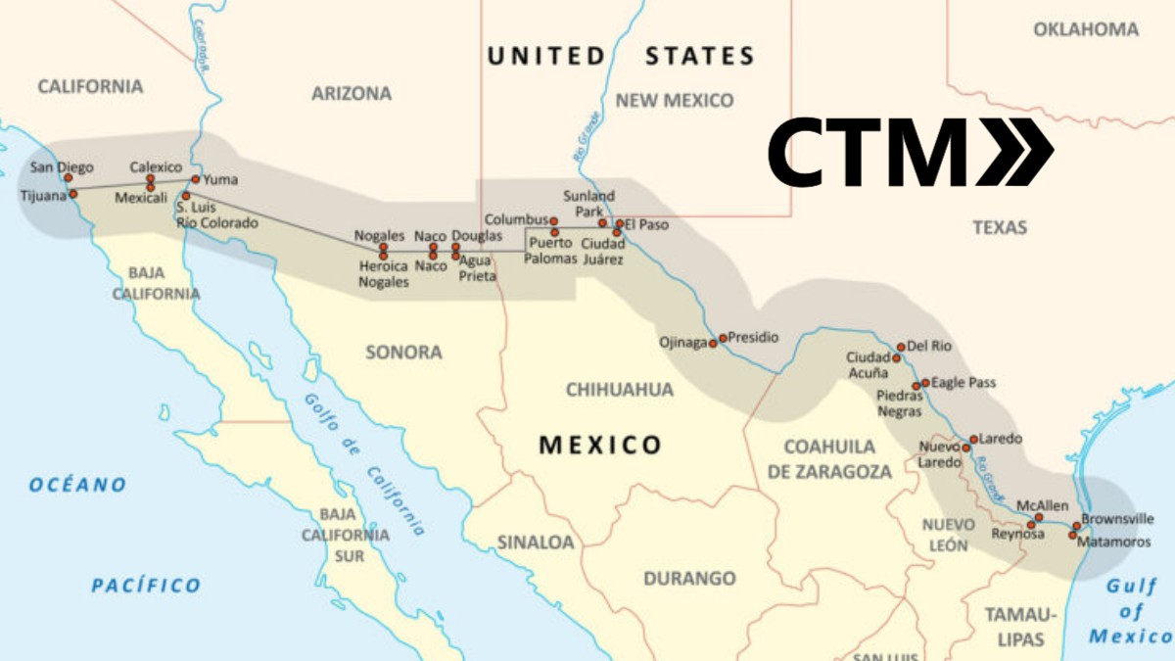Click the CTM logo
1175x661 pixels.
[x=910, y=151]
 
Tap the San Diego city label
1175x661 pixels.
[x=62, y=167]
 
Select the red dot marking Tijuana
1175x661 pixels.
[x=72, y=194]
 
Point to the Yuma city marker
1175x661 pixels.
[x=196, y=179]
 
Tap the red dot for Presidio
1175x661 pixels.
[x=724, y=338]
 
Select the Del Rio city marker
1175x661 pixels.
[x=901, y=347]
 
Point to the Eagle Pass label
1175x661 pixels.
[x=963, y=382]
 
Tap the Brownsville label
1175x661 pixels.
[x=1117, y=519]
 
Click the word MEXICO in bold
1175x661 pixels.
[x=600, y=446]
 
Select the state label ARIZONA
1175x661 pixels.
[x=352, y=94]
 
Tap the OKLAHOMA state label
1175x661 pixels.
[x=1086, y=29]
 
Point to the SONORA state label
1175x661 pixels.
[x=403, y=352]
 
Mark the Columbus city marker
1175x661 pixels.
[x=554, y=221]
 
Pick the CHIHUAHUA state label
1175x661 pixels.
[x=620, y=390]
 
